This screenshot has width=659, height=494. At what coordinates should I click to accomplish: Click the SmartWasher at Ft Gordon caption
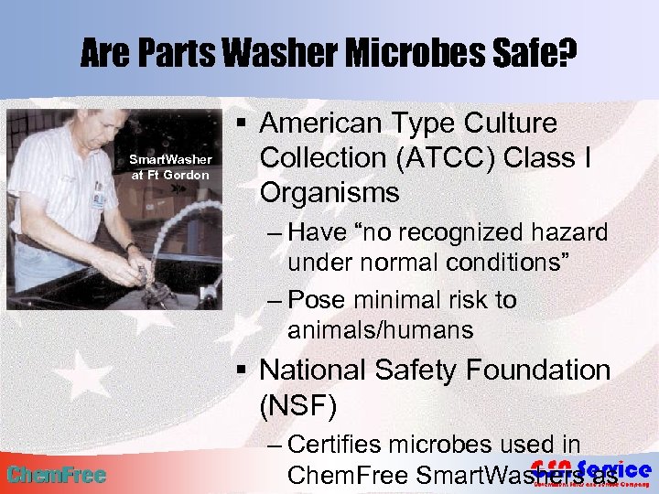(x=171, y=166)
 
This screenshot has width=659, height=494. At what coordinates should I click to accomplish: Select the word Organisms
(x=329, y=193)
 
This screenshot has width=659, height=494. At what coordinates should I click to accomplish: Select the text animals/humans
(x=380, y=330)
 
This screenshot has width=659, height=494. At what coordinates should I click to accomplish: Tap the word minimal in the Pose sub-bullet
(x=400, y=300)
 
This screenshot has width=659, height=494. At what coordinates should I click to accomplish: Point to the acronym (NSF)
(x=297, y=405)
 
